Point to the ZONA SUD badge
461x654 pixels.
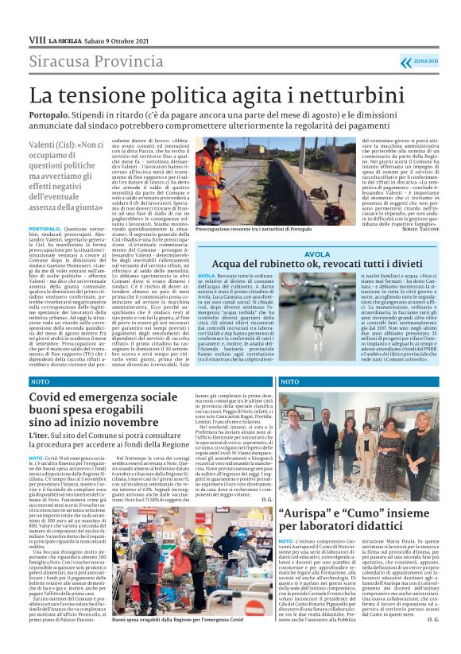425,61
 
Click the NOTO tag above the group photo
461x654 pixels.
289,381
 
